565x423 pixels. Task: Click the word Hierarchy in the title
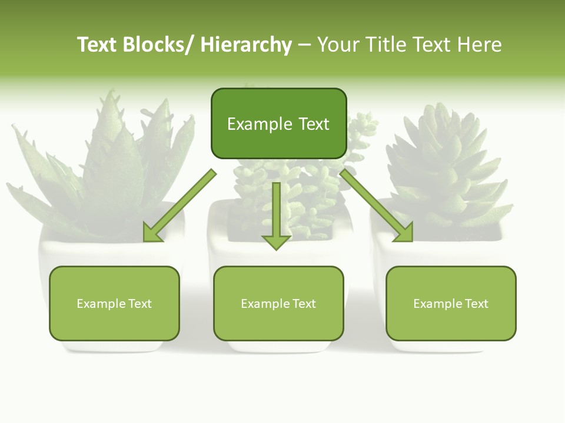(x=246, y=45)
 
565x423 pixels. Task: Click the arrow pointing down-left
(x=180, y=206)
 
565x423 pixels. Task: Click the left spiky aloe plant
(x=106, y=159)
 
